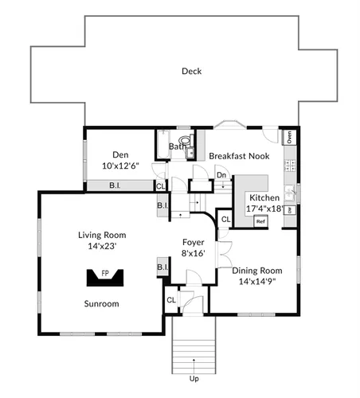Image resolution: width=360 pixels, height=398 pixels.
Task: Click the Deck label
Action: click(x=191, y=71)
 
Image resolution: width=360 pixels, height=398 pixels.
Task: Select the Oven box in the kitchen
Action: click(x=289, y=137)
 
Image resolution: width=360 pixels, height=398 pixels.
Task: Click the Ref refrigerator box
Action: click(x=260, y=221)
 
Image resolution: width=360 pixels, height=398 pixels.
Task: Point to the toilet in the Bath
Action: click(x=186, y=140)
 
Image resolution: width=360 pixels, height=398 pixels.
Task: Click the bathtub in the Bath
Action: click(x=162, y=145)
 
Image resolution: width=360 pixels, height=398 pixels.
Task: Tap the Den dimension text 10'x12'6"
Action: click(x=121, y=166)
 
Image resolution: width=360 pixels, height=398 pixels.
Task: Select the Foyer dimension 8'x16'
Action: click(x=194, y=253)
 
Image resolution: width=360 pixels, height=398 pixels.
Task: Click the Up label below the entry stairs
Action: click(x=194, y=379)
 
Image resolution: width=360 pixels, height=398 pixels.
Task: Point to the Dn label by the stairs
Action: click(x=221, y=175)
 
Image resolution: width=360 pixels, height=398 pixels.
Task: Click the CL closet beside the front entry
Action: click(x=171, y=300)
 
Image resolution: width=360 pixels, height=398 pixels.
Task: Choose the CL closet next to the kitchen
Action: click(x=225, y=220)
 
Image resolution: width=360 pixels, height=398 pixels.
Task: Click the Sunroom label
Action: click(x=101, y=303)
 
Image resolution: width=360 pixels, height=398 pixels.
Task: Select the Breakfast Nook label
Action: click(x=239, y=156)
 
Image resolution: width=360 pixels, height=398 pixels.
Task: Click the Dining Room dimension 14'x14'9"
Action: click(x=257, y=281)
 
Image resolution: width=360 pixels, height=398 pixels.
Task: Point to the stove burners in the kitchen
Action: click(x=290, y=165)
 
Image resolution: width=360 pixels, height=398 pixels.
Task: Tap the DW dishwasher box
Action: click(x=290, y=210)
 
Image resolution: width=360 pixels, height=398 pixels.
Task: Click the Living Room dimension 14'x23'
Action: click(x=102, y=246)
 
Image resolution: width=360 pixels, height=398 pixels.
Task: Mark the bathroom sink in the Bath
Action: click(x=190, y=153)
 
